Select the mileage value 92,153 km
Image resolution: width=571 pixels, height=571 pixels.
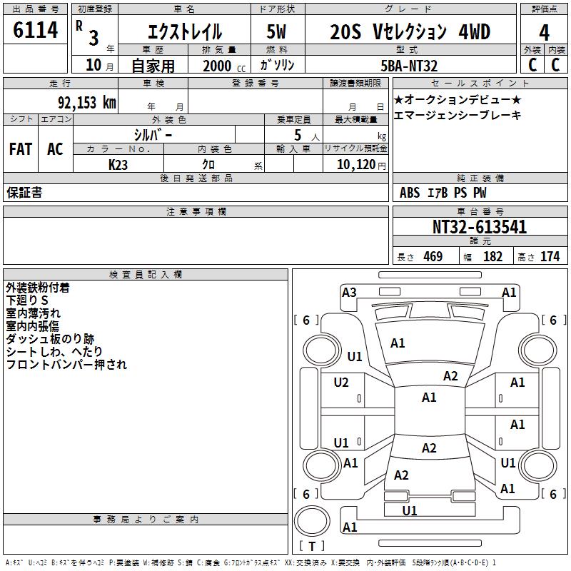[86, 103]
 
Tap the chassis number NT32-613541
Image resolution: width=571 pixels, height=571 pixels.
[480, 227]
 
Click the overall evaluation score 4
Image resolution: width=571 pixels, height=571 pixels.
[544, 33]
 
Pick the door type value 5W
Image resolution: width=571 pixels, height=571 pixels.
[276, 33]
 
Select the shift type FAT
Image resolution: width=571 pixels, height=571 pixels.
[21, 149]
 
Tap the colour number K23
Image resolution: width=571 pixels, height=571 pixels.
[118, 164]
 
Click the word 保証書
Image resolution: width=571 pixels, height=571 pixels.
[24, 193]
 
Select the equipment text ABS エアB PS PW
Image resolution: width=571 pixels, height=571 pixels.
[443, 193]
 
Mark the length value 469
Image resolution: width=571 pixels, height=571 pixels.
[433, 256]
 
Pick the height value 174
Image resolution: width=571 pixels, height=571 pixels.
[550, 256]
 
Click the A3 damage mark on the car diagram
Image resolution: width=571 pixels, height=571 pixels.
[349, 292]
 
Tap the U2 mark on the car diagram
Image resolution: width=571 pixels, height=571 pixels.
[341, 383]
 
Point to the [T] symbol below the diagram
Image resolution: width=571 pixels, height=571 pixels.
[311, 546]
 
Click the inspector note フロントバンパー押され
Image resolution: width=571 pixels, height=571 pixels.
[66, 365]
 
